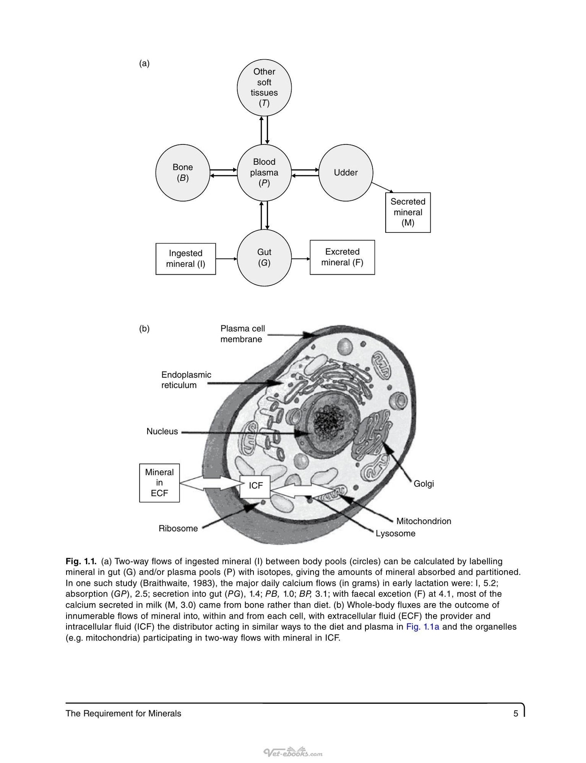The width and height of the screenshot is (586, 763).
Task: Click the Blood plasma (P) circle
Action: tap(264, 172)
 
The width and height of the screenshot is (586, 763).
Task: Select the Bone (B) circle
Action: tap(182, 172)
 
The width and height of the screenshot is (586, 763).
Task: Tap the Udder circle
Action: tap(346, 172)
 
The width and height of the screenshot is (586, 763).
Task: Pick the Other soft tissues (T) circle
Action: tap(264, 88)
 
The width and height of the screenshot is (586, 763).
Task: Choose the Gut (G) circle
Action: tap(264, 258)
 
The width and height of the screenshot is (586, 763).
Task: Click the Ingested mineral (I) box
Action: tap(186, 259)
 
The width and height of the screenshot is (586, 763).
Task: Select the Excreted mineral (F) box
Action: tap(342, 257)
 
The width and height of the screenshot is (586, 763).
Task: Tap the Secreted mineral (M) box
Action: tap(408, 212)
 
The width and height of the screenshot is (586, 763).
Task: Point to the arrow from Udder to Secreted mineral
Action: tap(383, 188)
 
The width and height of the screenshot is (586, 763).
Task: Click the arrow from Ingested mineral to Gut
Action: tap(226, 258)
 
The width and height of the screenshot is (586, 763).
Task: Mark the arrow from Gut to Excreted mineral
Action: tap(301, 258)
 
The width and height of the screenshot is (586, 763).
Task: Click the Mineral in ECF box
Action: tap(159, 483)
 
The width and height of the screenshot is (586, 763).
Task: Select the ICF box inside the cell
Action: tap(255, 486)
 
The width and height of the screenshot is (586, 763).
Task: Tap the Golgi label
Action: tap(424, 484)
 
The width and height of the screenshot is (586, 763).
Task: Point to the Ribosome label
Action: tap(178, 528)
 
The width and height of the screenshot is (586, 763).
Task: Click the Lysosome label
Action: tap(395, 533)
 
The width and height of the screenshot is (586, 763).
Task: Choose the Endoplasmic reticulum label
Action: tap(186, 380)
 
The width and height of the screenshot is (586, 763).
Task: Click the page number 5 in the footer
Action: tap(516, 714)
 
